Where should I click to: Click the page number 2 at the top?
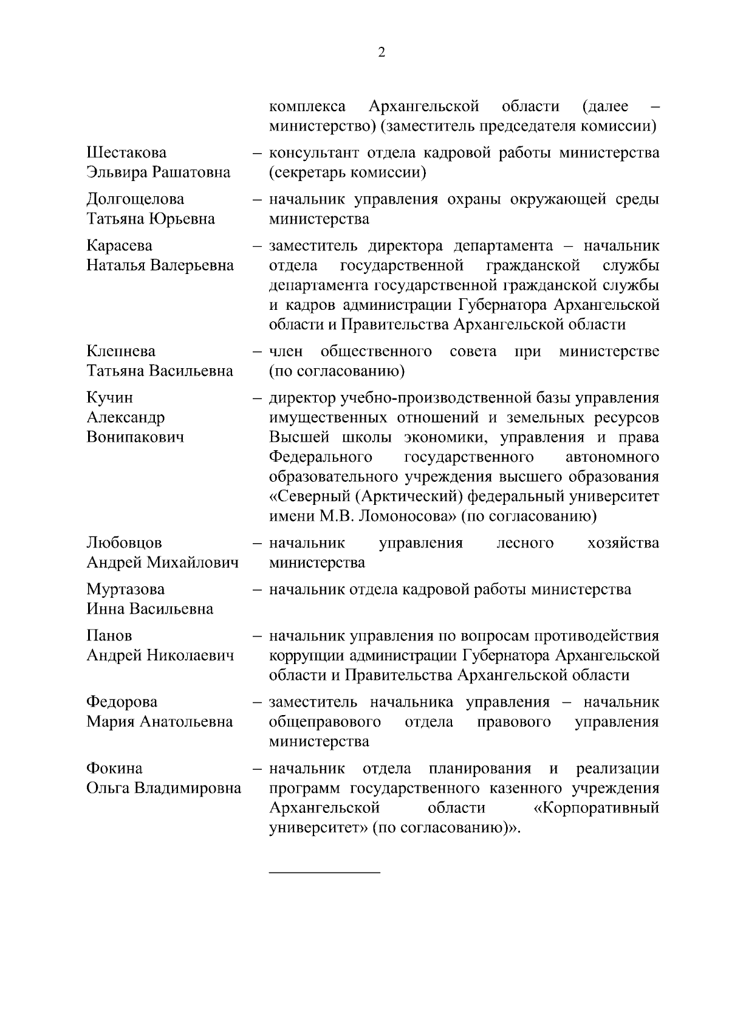tap(382, 53)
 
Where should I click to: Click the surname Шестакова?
tap(126, 152)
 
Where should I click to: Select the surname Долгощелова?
tap(135, 199)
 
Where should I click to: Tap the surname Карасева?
tap(120, 245)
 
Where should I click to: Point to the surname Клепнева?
tap(121, 351)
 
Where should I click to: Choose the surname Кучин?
tap(110, 398)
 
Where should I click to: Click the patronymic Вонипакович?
tap(135, 437)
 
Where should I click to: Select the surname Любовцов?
tap(125, 543)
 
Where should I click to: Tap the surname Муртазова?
tap(126, 589)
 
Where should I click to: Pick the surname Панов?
tap(109, 636)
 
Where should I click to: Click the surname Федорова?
tap(122, 702)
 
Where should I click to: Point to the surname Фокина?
tap(115, 769)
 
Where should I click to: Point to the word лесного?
tap(525, 543)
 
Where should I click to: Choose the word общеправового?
tap(325, 722)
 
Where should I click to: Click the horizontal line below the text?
tap(324, 872)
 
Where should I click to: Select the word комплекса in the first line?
tap(307, 107)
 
